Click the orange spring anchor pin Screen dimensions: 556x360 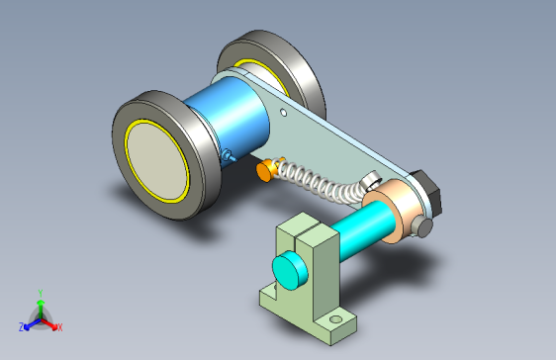pyautogui.click(x=268, y=170)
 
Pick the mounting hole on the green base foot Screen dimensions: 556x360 pyautogui.click(x=335, y=319)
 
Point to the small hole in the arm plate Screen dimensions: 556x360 pyautogui.click(x=283, y=113)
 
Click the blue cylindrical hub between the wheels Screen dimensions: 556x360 pyautogui.click(x=231, y=115)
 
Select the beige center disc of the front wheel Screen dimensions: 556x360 pyautogui.click(x=156, y=161)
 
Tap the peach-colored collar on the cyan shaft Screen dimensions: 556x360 pyautogui.click(x=396, y=211)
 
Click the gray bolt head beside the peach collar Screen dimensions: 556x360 pyautogui.click(x=422, y=226)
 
